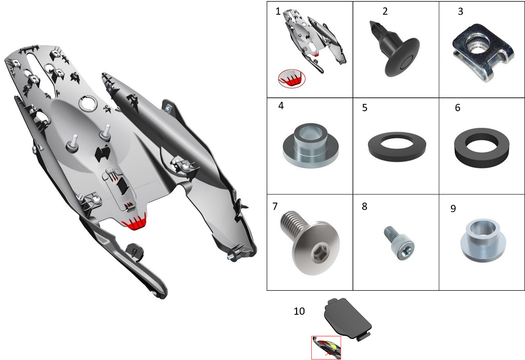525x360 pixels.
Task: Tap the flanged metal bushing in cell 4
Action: (310, 145)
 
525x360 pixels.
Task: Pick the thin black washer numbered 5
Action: (397, 147)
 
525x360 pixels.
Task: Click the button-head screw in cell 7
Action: (310, 242)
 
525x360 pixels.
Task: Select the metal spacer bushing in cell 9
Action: (482, 240)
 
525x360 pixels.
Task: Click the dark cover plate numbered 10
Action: (348, 319)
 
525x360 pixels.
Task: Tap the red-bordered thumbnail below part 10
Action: (326, 347)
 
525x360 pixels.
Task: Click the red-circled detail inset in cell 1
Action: (291, 79)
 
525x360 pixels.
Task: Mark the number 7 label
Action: (275, 206)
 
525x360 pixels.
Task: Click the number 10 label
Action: (299, 311)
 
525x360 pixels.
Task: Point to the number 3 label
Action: (460, 12)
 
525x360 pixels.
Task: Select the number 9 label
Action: (453, 208)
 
